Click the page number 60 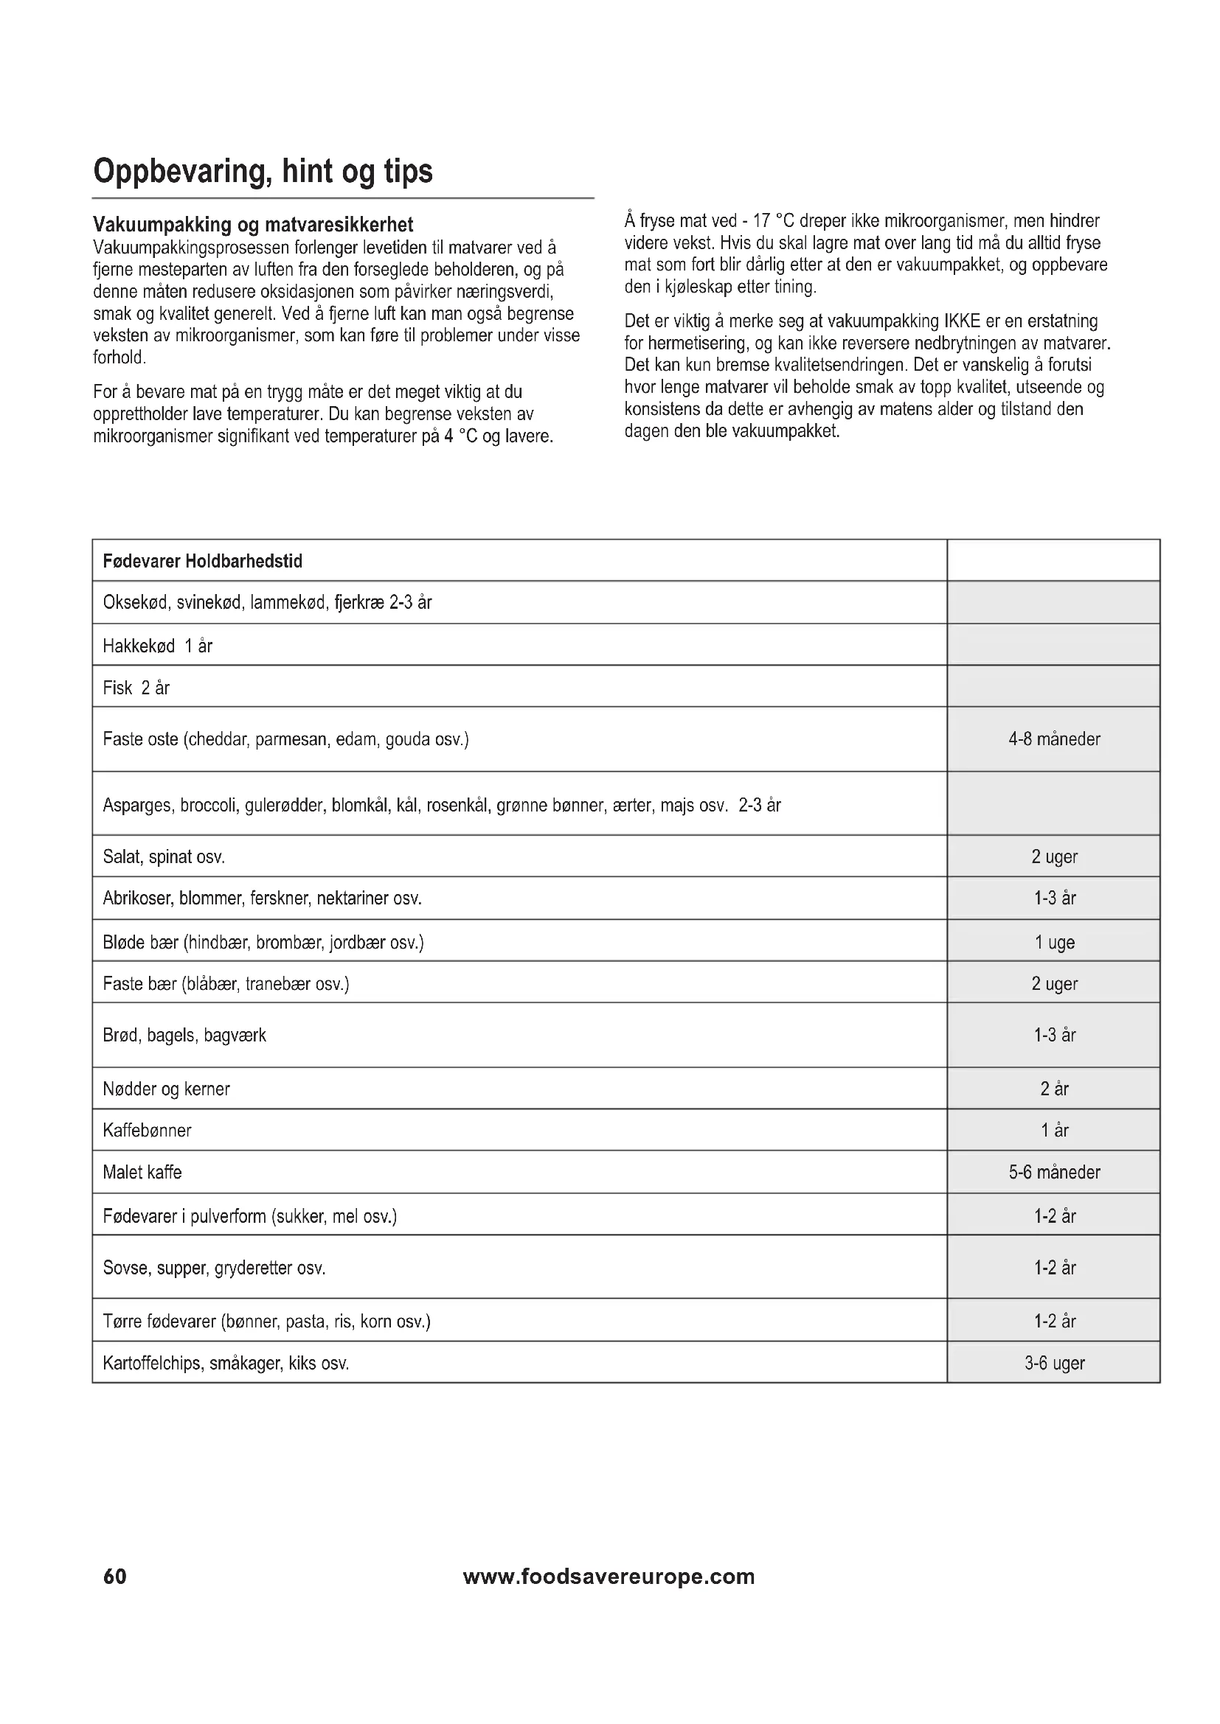point(115,1576)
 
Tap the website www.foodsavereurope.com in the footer point(609,1576)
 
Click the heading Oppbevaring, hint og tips point(263,171)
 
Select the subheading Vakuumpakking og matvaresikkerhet point(253,224)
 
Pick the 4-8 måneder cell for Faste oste point(1053,739)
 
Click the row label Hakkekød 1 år point(158,646)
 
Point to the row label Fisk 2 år point(136,688)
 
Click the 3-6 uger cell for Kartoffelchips point(1054,1363)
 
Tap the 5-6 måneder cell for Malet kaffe point(1054,1172)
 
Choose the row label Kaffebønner point(148,1130)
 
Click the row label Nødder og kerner point(166,1089)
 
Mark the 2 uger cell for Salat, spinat point(1054,856)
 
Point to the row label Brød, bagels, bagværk point(184,1035)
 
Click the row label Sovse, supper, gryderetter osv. point(214,1268)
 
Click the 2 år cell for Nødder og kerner point(1054,1089)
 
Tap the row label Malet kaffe point(142,1172)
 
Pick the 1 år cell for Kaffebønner point(1054,1130)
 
